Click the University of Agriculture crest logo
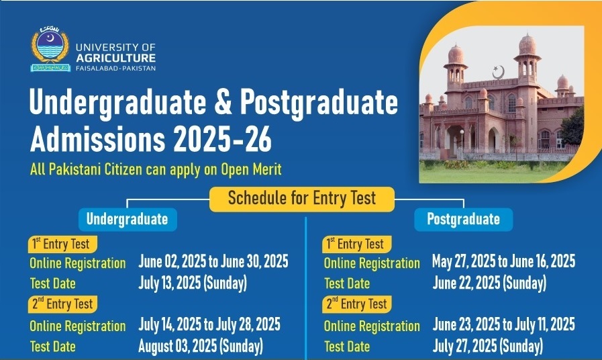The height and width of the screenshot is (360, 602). (x=50, y=50)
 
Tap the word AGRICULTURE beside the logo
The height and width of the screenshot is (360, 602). (x=116, y=58)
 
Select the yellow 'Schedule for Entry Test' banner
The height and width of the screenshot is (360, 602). (x=301, y=199)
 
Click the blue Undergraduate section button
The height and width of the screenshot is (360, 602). (x=127, y=219)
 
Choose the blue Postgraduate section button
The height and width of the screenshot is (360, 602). (x=463, y=219)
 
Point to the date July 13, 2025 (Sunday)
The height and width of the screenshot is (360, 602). (x=193, y=283)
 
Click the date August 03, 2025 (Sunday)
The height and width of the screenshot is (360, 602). (x=201, y=347)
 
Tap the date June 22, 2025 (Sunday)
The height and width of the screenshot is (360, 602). (x=489, y=283)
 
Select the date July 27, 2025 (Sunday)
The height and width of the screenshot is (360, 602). (x=488, y=347)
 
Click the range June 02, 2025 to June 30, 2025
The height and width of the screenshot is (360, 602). (x=213, y=262)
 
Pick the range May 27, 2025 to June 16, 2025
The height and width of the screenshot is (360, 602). (x=504, y=262)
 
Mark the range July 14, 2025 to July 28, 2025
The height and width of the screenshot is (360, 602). (x=209, y=325)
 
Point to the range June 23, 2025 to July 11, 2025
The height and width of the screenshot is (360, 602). (x=504, y=325)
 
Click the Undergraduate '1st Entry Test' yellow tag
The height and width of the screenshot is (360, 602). (x=62, y=243)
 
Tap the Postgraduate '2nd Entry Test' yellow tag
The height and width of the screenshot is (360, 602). (x=357, y=304)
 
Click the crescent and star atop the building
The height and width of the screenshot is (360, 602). (x=498, y=71)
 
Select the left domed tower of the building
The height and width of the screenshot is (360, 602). (x=456, y=67)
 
